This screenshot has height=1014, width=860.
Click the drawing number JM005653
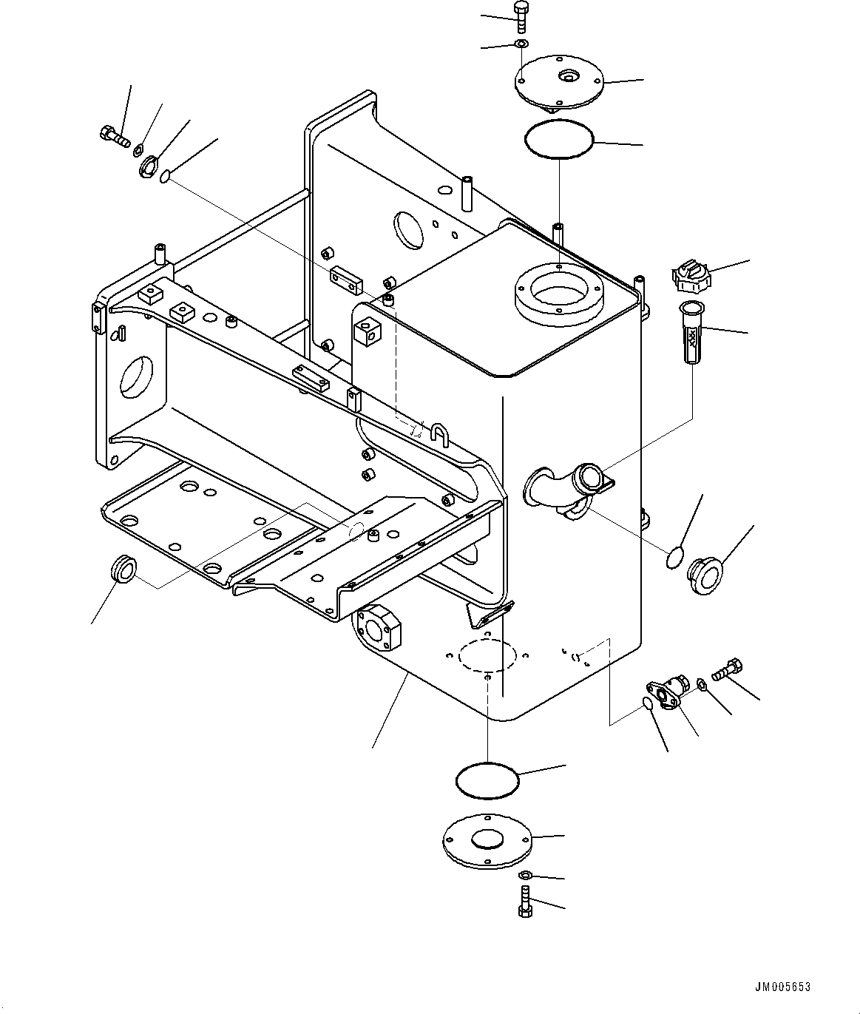click(x=782, y=987)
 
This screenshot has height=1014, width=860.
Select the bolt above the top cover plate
click(x=521, y=16)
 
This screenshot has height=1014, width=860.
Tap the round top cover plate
click(x=558, y=82)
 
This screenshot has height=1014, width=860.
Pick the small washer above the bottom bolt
click(x=524, y=876)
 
